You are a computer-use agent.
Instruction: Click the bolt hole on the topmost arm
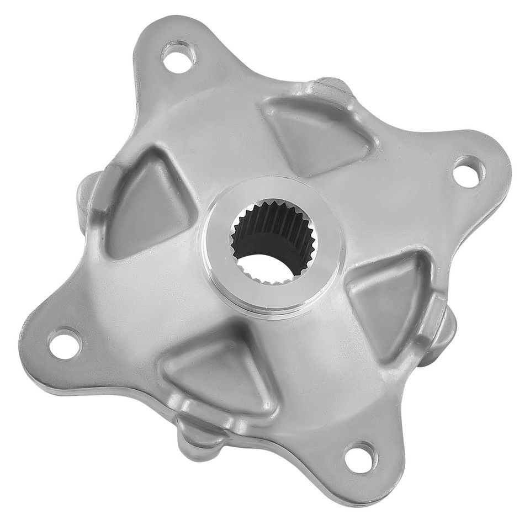[178, 57]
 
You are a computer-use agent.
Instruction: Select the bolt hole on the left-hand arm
[65, 343]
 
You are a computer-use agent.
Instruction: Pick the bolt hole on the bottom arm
[360, 457]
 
